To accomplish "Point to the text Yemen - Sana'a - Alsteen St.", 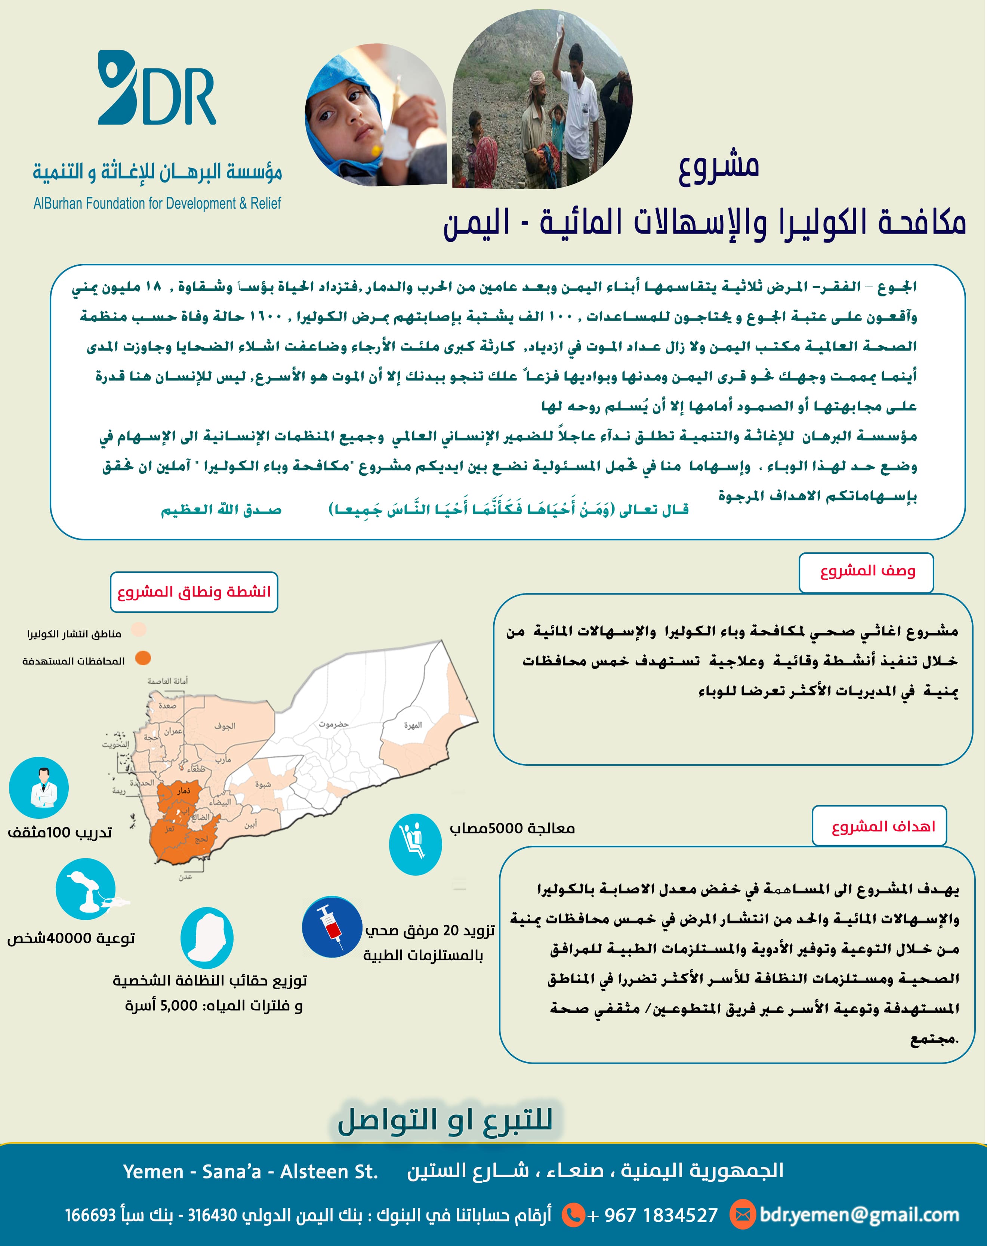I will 250,1172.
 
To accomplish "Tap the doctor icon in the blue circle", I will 39,787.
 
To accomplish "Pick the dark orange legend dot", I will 143,658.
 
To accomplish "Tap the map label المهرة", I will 413,725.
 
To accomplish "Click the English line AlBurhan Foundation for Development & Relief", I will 157,203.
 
